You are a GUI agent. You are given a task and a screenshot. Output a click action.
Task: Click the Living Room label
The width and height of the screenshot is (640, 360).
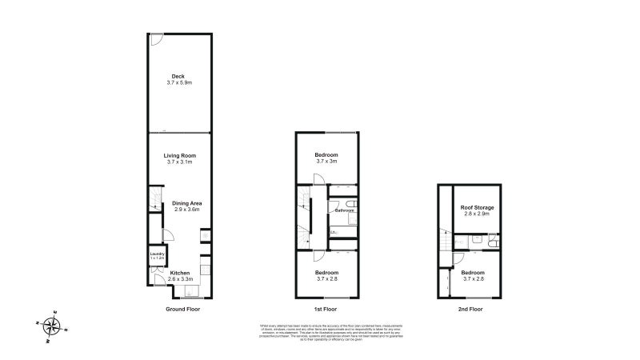(179, 155)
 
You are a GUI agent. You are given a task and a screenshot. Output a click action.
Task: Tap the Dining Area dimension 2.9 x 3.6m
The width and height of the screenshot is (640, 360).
(186, 210)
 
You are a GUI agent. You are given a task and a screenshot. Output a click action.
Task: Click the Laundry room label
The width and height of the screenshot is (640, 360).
(157, 255)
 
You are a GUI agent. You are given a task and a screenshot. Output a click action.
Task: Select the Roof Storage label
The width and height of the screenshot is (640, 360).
(478, 207)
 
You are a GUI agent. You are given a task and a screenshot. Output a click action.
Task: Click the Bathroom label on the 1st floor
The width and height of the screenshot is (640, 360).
(345, 210)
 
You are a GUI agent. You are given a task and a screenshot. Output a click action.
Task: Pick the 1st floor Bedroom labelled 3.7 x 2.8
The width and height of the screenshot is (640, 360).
(326, 277)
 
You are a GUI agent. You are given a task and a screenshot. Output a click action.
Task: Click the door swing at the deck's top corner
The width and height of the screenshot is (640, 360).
(158, 38)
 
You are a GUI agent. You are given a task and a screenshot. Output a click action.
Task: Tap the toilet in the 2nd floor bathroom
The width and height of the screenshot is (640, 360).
(493, 239)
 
